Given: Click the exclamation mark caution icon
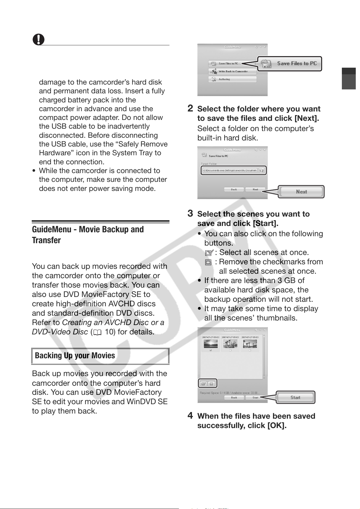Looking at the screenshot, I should pyautogui.click(x=38, y=40).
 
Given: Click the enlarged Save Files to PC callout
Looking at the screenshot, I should pyautogui.click(x=290, y=64).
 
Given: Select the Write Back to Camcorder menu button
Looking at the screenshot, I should pyautogui.click(x=232, y=72).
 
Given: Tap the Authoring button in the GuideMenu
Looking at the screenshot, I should pyautogui.click(x=232, y=79).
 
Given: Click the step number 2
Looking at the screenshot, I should pyautogui.click(x=190, y=108).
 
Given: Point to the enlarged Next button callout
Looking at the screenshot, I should pyautogui.click(x=301, y=192).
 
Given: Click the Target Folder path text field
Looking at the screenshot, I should pyautogui.click(x=230, y=170).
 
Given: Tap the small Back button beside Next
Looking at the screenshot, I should pyautogui.click(x=234, y=190).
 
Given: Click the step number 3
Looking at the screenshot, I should pyautogui.click(x=190, y=213).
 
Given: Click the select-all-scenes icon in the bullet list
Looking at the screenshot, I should pyautogui.click(x=209, y=253).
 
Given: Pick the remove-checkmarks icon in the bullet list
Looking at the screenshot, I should pyautogui.click(x=208, y=262).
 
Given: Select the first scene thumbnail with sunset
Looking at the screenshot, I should pyautogui.click(x=210, y=344).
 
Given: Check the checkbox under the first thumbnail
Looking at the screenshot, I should pyautogui.click(x=211, y=350).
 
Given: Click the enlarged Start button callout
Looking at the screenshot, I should pyautogui.click(x=295, y=398).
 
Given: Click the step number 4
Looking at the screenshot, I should pyautogui.click(x=190, y=415).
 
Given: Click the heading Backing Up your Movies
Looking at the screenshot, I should pyautogui.click(x=75, y=356).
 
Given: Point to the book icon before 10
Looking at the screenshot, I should pyautogui.click(x=97, y=333).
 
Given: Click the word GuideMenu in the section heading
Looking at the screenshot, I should pyautogui.click(x=52, y=230).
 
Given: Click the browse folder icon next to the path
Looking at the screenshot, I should pyautogui.click(x=262, y=170).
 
